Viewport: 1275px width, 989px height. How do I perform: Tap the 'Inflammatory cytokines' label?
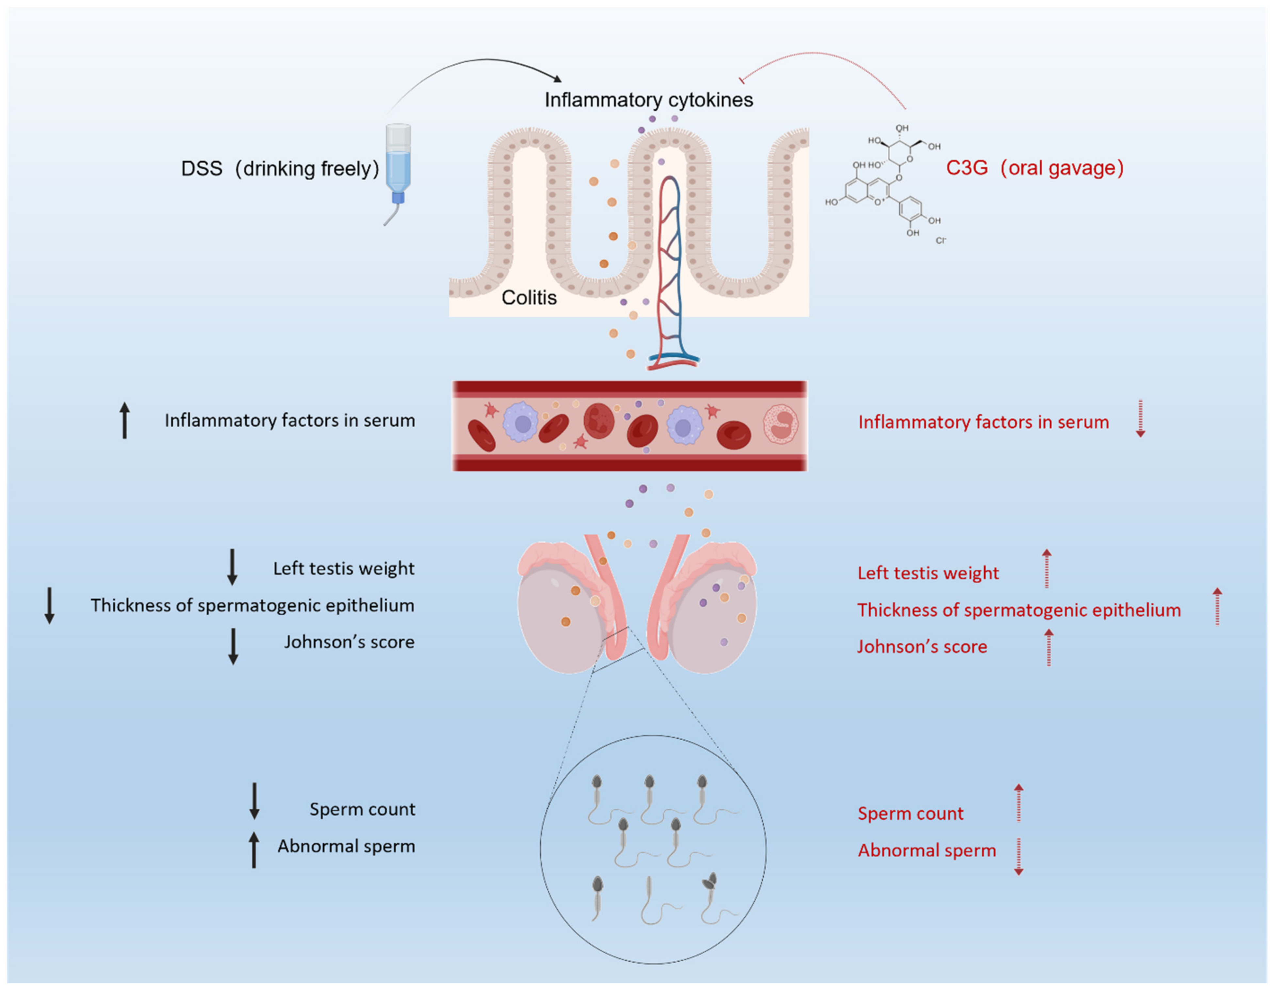pyautogui.click(x=649, y=100)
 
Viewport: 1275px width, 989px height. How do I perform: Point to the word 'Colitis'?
pyautogui.click(x=529, y=298)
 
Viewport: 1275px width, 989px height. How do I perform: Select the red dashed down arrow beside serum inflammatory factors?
pyautogui.click(x=1140, y=419)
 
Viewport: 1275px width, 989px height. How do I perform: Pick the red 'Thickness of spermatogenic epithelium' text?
pyautogui.click(x=1019, y=610)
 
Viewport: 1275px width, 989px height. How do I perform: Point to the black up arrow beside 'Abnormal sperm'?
pyautogui.click(x=254, y=850)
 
